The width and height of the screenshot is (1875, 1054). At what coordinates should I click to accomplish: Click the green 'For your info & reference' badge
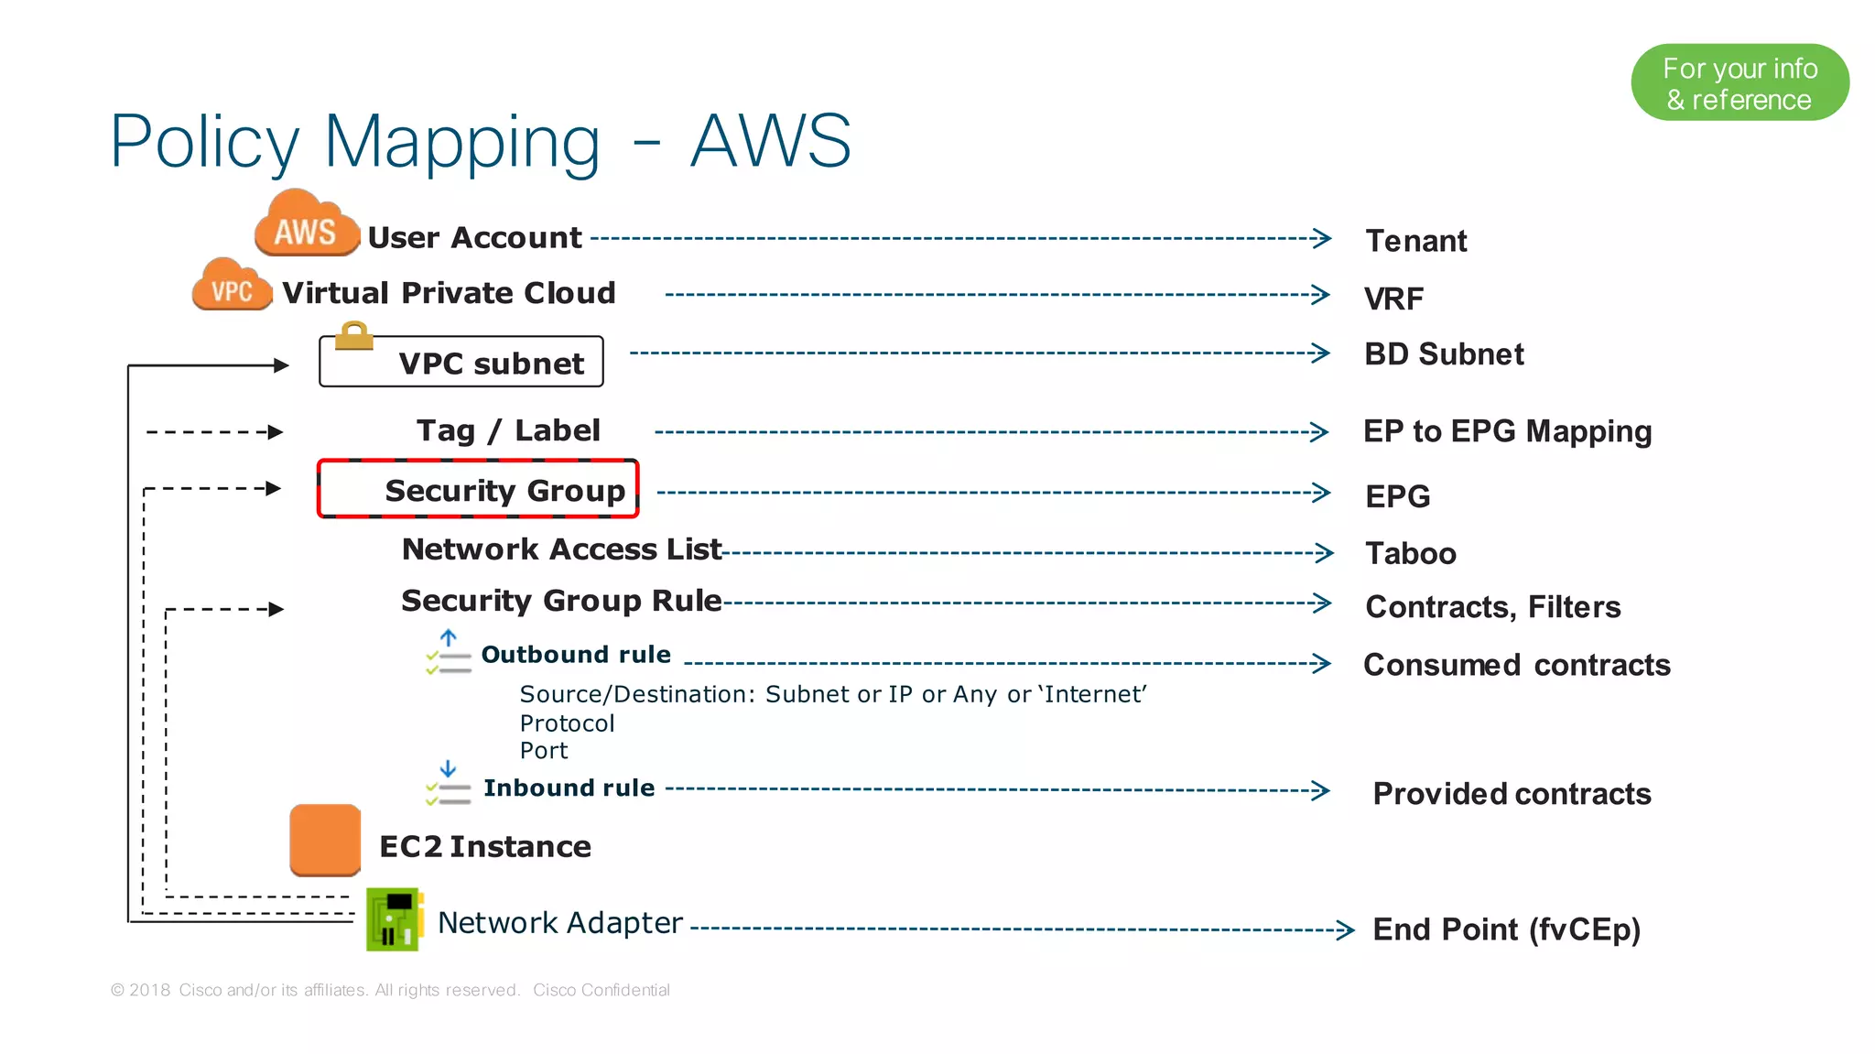point(1739,82)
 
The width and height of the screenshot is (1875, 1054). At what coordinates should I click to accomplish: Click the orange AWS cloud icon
point(306,225)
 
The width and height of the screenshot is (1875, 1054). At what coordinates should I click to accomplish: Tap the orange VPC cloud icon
point(232,287)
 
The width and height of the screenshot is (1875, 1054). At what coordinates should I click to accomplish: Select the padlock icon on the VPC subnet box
point(353,336)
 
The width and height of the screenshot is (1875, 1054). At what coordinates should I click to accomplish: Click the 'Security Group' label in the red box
point(504,491)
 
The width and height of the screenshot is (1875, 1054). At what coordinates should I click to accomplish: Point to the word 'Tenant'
point(1415,241)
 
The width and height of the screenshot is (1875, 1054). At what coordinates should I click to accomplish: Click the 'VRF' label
point(1393,299)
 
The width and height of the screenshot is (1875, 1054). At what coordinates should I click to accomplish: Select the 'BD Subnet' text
point(1443,354)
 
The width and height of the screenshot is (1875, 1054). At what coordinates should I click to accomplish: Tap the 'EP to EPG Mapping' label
point(1507,431)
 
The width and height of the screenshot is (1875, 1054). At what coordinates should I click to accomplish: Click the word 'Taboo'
point(1410,553)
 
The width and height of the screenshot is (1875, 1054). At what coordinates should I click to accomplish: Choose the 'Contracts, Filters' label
point(1492,607)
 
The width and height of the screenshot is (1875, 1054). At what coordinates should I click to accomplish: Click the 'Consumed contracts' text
point(1516,665)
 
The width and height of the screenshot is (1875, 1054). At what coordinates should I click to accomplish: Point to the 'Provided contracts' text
point(1512,794)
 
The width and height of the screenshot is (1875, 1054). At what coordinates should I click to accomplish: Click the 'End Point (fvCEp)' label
point(1506,929)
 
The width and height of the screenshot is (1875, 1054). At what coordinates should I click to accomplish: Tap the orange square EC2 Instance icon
point(325,840)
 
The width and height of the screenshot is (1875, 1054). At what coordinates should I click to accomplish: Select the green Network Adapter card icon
point(395,918)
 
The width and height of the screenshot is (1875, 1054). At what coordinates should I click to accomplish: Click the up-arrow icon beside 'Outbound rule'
point(448,637)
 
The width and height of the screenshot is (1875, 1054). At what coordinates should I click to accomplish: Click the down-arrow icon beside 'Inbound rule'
point(448,768)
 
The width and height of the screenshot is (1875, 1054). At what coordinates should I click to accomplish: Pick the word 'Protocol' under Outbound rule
point(567,723)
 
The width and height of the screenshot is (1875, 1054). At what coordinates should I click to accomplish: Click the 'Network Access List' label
point(561,549)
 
